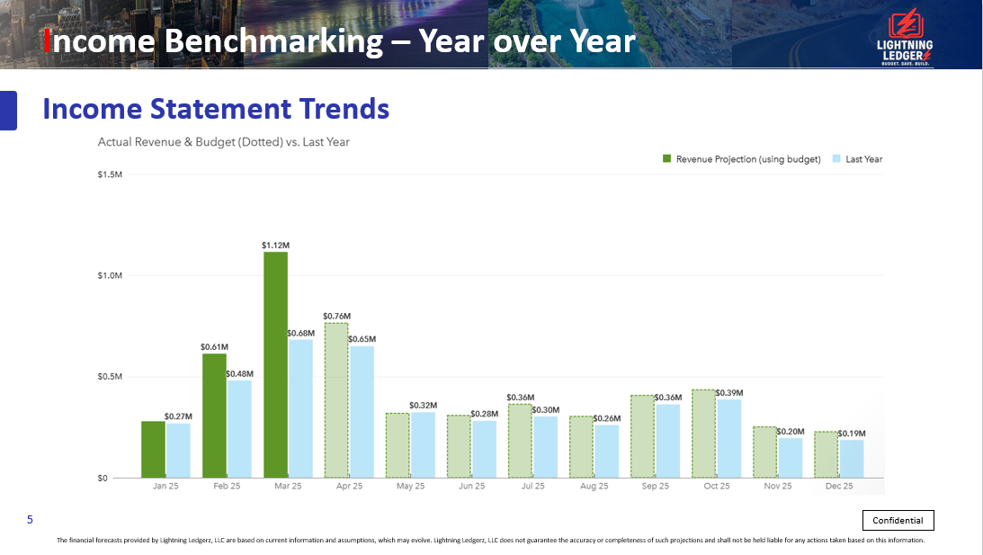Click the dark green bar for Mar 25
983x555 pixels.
click(275, 364)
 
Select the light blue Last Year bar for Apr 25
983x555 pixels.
click(362, 411)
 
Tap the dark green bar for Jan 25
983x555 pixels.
click(153, 449)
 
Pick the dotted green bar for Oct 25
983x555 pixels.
click(703, 434)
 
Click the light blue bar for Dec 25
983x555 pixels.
click(851, 458)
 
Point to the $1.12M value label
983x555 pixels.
click(275, 245)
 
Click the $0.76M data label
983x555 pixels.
click(336, 317)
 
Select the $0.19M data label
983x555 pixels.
click(852, 434)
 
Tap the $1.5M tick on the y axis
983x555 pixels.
click(110, 174)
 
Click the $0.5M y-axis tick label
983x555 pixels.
click(110, 377)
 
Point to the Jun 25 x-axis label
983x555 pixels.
click(471, 486)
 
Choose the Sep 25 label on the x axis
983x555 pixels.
click(655, 486)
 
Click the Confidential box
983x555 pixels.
click(898, 520)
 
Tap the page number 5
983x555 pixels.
click(30, 520)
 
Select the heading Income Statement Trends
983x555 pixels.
click(216, 109)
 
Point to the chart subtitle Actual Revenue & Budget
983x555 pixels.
click(223, 142)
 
